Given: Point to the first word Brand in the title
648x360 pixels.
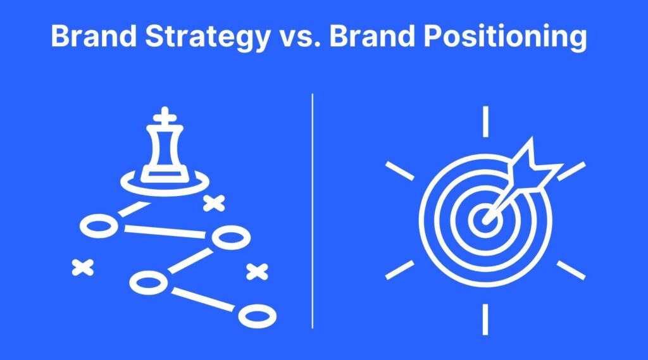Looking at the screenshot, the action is click(x=94, y=36).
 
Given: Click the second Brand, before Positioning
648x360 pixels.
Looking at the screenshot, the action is click(x=372, y=36).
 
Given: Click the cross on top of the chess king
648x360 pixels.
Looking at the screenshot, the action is click(x=165, y=115).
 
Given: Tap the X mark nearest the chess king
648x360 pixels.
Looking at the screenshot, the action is click(x=214, y=203).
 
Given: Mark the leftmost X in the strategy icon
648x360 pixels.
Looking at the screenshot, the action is click(x=83, y=268).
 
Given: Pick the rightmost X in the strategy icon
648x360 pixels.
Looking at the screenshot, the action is click(x=257, y=271).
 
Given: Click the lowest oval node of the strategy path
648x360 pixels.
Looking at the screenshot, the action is click(x=258, y=316).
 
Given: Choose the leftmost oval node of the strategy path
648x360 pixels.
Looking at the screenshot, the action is click(x=99, y=227).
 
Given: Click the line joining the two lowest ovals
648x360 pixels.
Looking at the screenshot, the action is click(x=202, y=299).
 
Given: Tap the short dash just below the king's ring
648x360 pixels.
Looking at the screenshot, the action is click(x=134, y=209).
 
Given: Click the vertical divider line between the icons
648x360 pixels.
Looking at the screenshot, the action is click(x=313, y=211).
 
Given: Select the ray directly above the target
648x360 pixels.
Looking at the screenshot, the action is click(x=485, y=121).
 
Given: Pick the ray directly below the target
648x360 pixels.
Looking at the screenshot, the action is click(x=485, y=320).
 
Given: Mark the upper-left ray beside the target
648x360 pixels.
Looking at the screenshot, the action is click(x=400, y=171).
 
